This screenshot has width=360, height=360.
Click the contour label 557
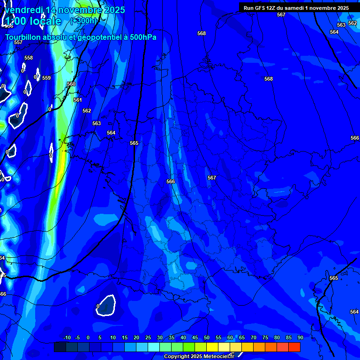18,43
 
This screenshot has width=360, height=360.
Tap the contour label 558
29,58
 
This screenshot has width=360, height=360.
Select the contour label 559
46,78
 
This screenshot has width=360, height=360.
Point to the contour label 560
71,84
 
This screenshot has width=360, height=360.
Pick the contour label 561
78,100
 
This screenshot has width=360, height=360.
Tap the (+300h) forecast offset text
83,21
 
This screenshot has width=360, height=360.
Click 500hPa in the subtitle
142,37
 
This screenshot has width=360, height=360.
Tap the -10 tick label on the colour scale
67,338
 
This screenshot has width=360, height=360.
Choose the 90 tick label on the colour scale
300,338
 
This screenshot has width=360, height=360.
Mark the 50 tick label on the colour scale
206,338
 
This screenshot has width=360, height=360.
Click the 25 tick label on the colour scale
148,338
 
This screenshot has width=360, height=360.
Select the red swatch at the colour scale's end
294,347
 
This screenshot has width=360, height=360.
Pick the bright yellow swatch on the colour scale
212,347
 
